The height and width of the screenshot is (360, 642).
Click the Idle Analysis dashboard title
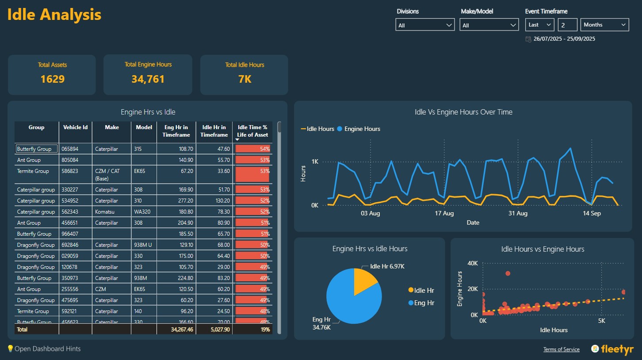click(x=54, y=15)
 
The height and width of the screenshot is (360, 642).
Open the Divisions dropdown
click(x=424, y=25)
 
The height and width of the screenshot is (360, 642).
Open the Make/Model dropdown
click(x=489, y=25)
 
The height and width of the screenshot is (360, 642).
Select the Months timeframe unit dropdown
click(x=604, y=25)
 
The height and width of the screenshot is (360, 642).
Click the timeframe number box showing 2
click(x=567, y=25)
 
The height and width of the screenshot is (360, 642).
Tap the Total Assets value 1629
click(x=52, y=79)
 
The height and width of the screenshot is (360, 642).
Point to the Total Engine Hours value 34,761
click(x=148, y=79)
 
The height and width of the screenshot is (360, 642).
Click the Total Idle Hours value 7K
click(x=244, y=79)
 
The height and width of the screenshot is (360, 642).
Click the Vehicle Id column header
click(x=75, y=127)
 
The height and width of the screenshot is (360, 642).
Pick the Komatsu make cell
click(x=104, y=212)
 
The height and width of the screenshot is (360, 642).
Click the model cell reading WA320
click(x=142, y=212)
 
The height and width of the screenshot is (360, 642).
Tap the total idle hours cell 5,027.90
click(x=215, y=329)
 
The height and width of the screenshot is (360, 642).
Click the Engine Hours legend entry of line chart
click(x=362, y=129)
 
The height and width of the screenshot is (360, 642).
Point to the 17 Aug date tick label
click(x=444, y=214)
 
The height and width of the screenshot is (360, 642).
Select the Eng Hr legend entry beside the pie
click(x=424, y=303)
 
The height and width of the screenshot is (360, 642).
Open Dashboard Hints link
click(x=44, y=349)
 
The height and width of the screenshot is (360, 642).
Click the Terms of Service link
click(x=561, y=349)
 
